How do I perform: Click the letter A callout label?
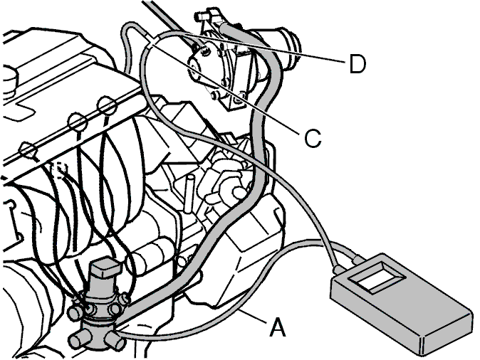pos(278,327)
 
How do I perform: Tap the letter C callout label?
pos(313,138)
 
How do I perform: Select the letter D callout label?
pos(358,64)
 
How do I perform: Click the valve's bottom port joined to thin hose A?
pos(115,339)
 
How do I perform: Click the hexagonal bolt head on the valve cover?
pos(28,151)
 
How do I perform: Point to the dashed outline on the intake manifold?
pos(58,171)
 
